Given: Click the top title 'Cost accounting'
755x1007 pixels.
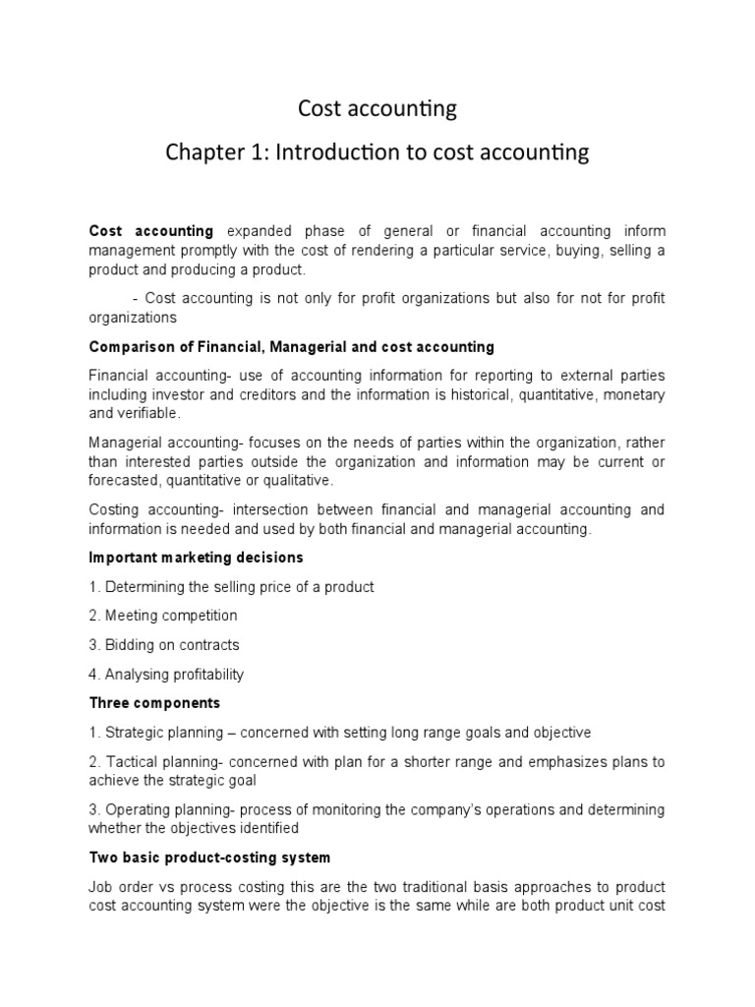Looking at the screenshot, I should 377,108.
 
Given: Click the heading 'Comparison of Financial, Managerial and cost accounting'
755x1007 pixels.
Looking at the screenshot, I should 292,347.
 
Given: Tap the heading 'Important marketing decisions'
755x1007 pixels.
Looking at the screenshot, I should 197,558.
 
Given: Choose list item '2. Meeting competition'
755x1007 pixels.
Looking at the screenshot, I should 163,616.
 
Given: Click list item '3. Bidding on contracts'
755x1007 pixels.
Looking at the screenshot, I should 164,645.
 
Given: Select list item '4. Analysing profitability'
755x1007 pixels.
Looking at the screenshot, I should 166,675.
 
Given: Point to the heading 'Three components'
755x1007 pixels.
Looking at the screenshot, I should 155,703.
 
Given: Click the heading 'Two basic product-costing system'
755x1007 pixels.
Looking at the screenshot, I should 209,858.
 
